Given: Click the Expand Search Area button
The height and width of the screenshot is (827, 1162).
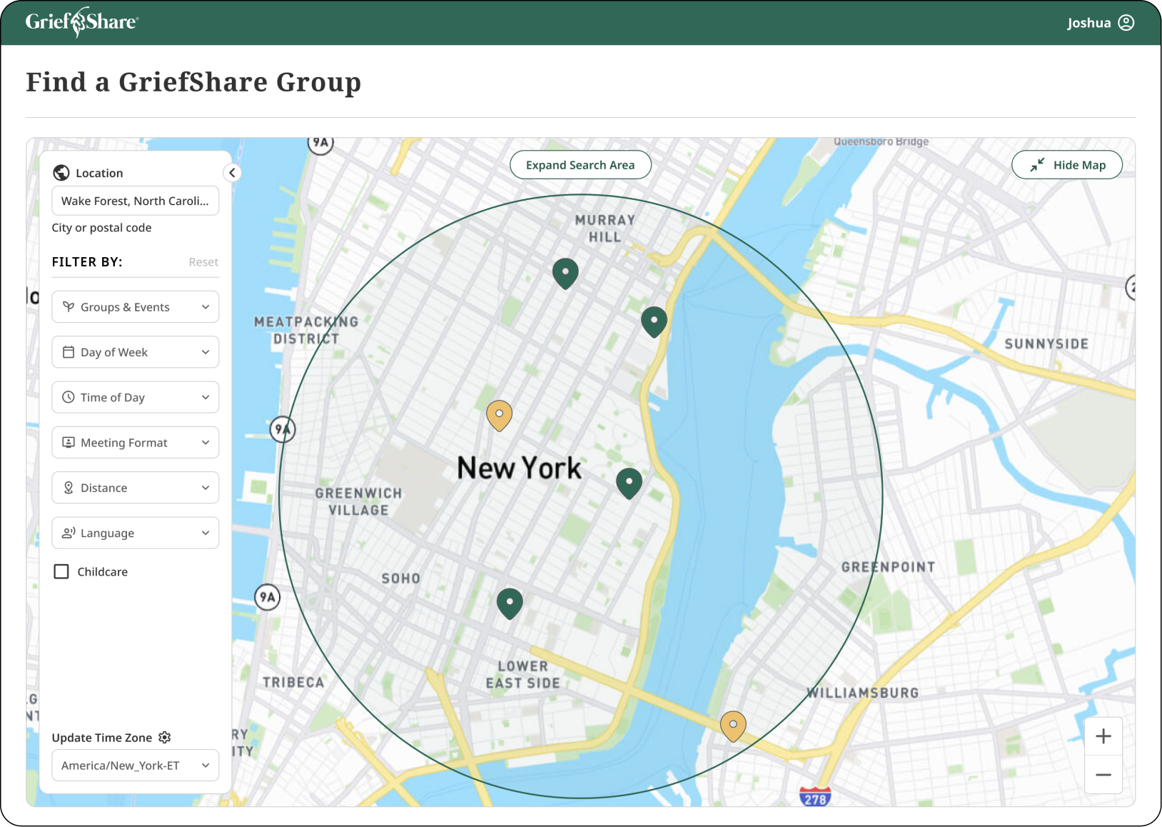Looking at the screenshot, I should tap(580, 165).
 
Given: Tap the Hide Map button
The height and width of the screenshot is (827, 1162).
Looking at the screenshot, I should tap(1066, 165).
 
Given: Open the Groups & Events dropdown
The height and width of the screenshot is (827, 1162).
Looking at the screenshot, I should tap(136, 307).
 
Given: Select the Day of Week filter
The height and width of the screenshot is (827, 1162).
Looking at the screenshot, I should tap(136, 352).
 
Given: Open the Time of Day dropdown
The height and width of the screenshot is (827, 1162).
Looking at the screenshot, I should tap(136, 397).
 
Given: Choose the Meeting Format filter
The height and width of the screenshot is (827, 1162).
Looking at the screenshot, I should tap(136, 443).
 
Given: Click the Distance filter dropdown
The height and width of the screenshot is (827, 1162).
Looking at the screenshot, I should tap(136, 488).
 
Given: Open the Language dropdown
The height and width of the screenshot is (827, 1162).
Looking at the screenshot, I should tap(136, 533).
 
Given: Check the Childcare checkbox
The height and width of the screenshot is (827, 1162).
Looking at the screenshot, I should tap(62, 571).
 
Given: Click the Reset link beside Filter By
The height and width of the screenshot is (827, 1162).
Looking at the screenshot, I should tap(203, 262).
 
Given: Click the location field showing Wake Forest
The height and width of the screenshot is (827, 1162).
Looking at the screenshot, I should tap(136, 201).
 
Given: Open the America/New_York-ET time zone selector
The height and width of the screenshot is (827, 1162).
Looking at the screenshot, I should tap(136, 766).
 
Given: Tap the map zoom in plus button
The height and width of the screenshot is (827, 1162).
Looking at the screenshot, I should tap(1103, 736).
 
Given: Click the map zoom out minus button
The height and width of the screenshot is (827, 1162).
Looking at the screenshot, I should tap(1103, 775).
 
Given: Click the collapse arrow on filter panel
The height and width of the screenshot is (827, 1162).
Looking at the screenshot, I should tap(232, 173).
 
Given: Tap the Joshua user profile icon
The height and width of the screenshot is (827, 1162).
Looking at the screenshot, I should tap(1126, 23).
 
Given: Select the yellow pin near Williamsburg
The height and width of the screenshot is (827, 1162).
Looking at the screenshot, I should tap(733, 725).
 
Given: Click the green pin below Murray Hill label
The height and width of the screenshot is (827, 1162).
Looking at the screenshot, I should tap(565, 273).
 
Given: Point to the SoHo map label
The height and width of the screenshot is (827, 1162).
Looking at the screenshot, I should tap(400, 578).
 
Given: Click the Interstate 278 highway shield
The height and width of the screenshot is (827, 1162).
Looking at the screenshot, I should tap(814, 798).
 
